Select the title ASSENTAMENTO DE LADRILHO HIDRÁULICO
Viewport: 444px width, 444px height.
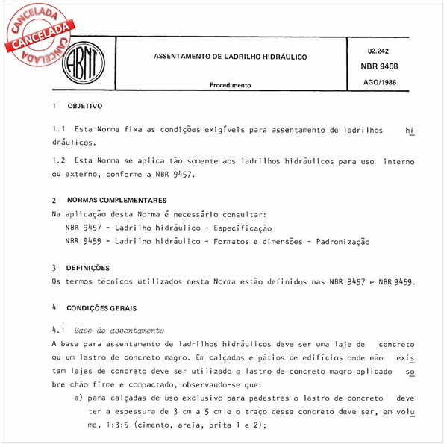[x=230, y=57]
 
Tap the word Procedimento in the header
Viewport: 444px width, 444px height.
[x=230, y=86]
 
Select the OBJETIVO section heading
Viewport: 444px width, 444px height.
[x=84, y=107]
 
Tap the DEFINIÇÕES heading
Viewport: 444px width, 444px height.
[x=88, y=267]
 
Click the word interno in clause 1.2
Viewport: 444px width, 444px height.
[x=398, y=160]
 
